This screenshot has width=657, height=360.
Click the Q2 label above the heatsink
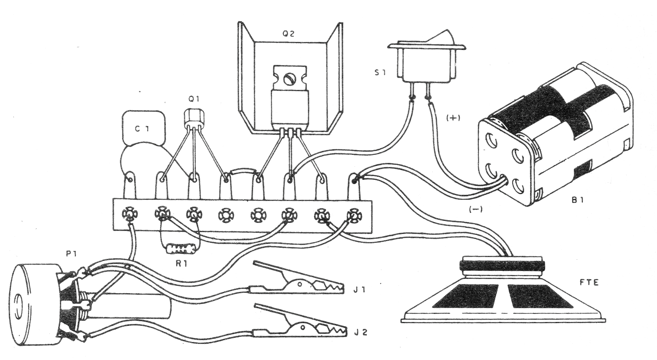click(288, 34)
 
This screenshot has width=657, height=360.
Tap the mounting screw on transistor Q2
click(288, 79)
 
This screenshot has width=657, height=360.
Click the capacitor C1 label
click(142, 129)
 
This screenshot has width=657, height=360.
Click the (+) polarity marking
click(453, 118)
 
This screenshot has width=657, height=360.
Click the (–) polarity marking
click(475, 209)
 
